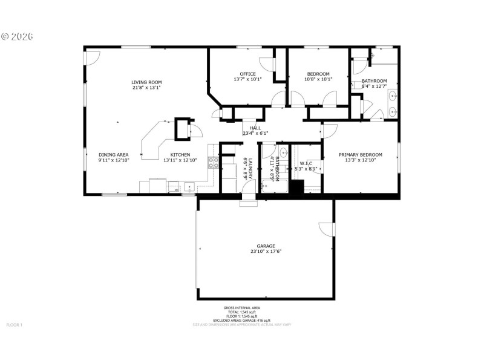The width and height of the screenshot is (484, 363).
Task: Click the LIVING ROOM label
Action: [146, 82]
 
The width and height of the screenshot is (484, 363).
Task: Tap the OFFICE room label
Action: [247, 74]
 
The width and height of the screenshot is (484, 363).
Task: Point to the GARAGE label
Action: [266, 246]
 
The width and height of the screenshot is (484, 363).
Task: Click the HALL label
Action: [255, 128]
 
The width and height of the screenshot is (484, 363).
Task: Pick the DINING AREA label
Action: [114, 154]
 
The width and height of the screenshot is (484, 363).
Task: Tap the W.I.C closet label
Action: [306, 163]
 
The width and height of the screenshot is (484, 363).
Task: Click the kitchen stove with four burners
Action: [213, 162]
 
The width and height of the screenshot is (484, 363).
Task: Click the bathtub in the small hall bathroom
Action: [274, 186]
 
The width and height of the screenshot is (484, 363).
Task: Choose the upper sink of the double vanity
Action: [393, 96]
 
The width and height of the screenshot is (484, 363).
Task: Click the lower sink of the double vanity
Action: [393, 111]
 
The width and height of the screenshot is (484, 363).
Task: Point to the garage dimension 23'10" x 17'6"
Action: [266, 252]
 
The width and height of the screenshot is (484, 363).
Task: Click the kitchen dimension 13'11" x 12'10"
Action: [180, 160]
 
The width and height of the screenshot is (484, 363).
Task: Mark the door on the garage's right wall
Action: [327, 229]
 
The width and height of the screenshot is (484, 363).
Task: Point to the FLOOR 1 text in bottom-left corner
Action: [15, 325]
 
